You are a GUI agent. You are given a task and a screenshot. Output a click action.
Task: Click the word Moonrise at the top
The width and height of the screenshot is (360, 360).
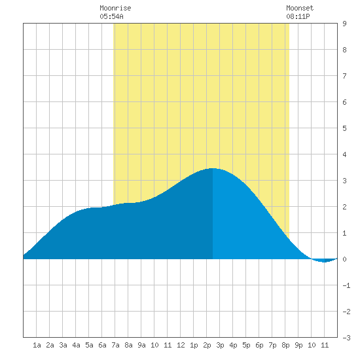[115, 8]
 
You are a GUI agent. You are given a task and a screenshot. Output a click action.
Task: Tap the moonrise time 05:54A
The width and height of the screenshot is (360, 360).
[111, 16]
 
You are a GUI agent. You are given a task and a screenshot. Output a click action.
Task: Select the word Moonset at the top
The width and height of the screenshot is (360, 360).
[300, 8]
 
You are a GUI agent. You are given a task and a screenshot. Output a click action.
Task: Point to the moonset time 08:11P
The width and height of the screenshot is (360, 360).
[298, 16]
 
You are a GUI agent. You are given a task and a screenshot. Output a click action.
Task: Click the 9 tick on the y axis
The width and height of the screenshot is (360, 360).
[344, 24]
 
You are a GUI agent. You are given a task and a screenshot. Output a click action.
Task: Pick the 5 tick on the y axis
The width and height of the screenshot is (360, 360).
[344, 128]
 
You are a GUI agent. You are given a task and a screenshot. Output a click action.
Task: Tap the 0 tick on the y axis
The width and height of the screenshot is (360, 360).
[344, 259]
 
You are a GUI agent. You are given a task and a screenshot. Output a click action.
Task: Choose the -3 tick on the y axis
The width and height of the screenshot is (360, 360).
[346, 338]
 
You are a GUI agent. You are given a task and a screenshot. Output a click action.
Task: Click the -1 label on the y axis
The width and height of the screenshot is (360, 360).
[346, 285]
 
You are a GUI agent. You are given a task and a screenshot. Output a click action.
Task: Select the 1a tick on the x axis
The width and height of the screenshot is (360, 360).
[37, 345]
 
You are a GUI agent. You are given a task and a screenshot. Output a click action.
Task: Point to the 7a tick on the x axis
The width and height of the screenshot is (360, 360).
[115, 345]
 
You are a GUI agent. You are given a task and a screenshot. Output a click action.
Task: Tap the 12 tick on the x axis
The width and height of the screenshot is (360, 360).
[181, 345]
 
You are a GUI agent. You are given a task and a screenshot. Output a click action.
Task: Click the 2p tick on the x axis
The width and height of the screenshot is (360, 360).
[207, 345]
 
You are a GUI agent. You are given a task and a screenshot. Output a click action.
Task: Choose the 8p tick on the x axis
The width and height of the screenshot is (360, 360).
[285, 345]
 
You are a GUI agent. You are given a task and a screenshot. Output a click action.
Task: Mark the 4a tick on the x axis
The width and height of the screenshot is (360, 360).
[76, 345]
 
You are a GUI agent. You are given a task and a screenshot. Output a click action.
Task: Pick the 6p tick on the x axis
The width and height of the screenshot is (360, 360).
[259, 345]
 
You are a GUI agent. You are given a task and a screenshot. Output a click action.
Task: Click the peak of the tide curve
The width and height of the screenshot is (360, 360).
[213, 168]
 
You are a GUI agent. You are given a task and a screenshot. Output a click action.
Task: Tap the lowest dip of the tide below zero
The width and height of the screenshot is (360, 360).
[324, 262]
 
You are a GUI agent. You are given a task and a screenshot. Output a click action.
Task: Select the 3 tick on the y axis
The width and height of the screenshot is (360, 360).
[344, 181]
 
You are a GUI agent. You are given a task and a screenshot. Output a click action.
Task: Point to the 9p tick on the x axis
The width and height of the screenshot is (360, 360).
[298, 345]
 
